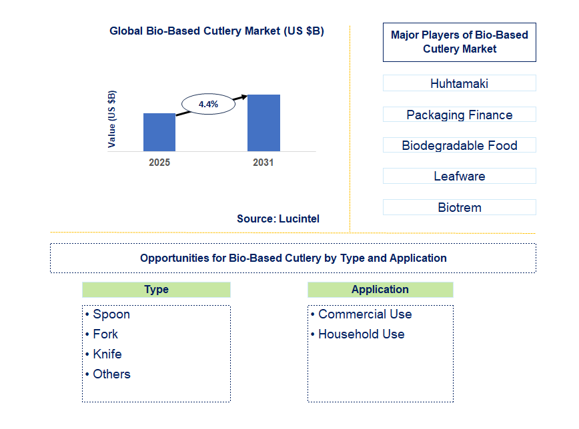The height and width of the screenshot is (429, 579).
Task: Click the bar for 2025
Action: pos(159,132)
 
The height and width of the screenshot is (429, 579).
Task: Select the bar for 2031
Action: pos(263,123)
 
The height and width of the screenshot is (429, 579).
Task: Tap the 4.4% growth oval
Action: pos(208,104)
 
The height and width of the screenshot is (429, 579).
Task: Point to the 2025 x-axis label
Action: pos(159,163)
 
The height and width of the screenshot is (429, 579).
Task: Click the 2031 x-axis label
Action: pos(263,163)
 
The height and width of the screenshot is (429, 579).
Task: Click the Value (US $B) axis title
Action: pos(111,119)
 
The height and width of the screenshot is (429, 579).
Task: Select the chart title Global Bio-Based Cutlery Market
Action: pos(217,31)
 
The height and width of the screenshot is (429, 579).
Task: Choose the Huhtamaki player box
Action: pos(459,83)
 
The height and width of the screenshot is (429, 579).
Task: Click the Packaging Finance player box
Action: pos(459,115)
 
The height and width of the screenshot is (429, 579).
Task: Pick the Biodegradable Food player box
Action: pos(459,145)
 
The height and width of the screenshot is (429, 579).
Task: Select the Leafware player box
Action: pos(459,177)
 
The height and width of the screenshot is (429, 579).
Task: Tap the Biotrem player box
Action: pos(459,207)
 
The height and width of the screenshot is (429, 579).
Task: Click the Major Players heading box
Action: pos(459,42)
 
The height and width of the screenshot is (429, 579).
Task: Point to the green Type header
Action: pos(156,290)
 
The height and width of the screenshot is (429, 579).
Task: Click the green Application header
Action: pos(380,290)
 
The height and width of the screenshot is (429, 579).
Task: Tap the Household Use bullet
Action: pos(361,334)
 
